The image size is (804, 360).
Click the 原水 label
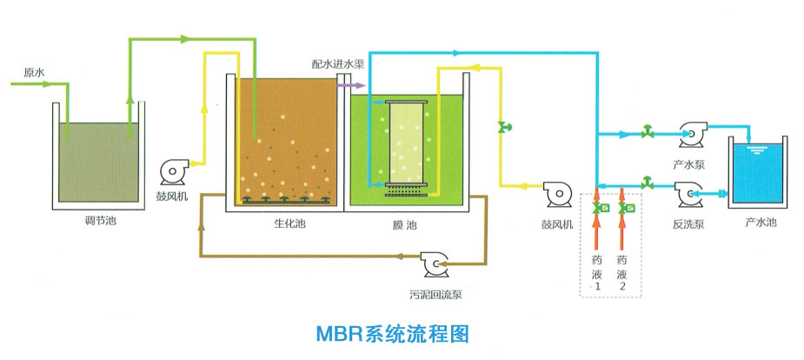point(33,72)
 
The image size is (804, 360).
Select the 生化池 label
point(288,224)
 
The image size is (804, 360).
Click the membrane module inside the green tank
point(405,143)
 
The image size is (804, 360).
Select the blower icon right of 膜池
point(557,193)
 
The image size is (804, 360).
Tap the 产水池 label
point(759,223)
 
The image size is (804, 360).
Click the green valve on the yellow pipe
point(502,130)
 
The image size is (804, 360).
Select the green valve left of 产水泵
point(647,132)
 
